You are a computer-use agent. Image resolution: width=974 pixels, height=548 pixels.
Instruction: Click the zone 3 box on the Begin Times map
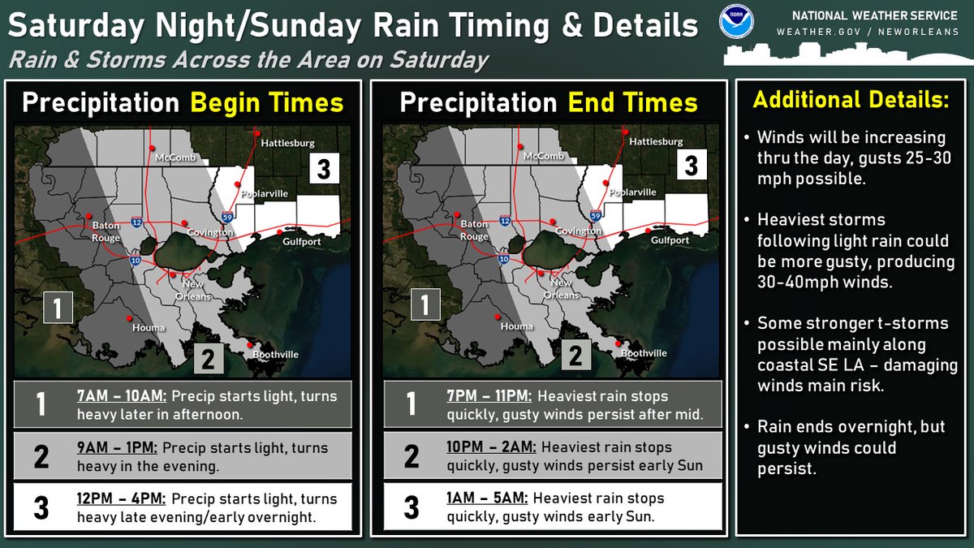pos(323,169)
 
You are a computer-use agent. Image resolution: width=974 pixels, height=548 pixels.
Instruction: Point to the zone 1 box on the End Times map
pos(425,305)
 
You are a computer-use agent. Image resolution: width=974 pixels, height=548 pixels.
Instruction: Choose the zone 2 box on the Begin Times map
pos(207,358)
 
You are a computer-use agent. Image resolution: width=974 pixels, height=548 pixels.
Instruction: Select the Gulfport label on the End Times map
pos(670,240)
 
